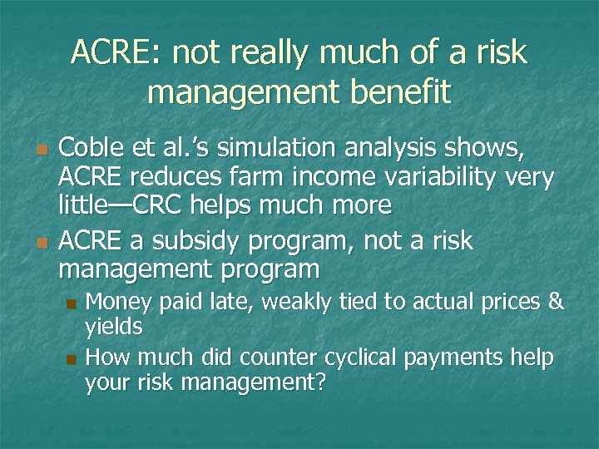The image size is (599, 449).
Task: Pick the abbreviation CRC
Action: [156, 205]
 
